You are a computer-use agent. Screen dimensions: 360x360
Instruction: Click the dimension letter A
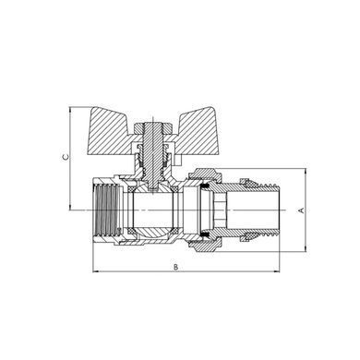click(302, 210)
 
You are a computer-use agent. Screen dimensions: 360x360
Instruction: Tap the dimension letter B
click(175, 267)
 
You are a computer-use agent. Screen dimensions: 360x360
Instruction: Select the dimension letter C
click(66, 157)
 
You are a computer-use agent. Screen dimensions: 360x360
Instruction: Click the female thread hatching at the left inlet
click(107, 210)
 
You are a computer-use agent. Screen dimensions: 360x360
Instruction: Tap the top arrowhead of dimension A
click(306, 171)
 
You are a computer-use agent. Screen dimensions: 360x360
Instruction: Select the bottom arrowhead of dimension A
click(306, 249)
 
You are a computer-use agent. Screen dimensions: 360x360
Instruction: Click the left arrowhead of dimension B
click(95, 271)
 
